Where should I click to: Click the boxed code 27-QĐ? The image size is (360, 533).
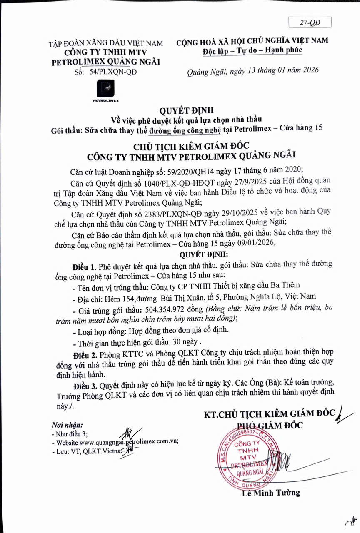310,22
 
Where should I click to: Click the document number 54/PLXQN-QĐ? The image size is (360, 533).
112,72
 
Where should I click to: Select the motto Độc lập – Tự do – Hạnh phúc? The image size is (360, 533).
252,50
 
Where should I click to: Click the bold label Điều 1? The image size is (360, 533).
84,264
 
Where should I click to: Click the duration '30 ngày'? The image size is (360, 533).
183,344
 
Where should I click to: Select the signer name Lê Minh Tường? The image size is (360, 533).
271,493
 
